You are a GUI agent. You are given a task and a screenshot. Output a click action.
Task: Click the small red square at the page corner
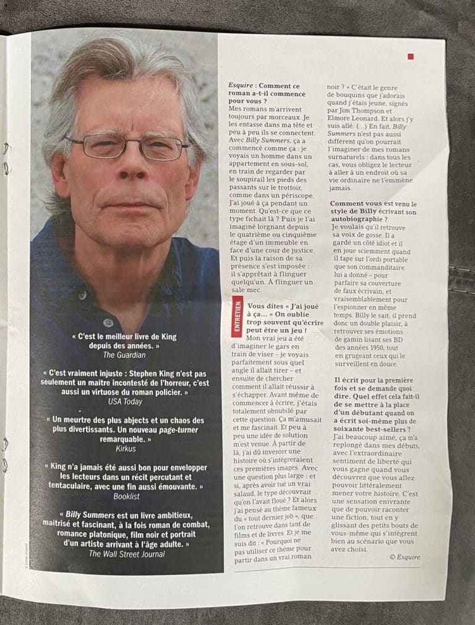(x=411, y=57)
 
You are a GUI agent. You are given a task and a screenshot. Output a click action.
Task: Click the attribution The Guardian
(x=124, y=355)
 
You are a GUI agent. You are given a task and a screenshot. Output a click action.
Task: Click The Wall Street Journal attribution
(x=126, y=554)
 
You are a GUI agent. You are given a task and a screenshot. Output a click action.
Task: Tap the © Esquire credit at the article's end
(x=404, y=557)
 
